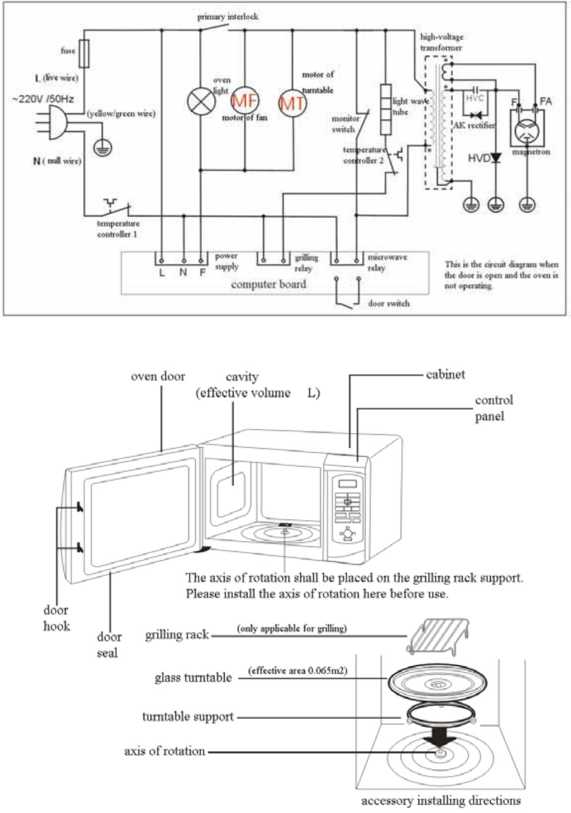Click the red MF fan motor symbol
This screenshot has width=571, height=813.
[245, 101]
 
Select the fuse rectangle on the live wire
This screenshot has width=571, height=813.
[85, 54]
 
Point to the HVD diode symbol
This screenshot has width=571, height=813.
[496, 158]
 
